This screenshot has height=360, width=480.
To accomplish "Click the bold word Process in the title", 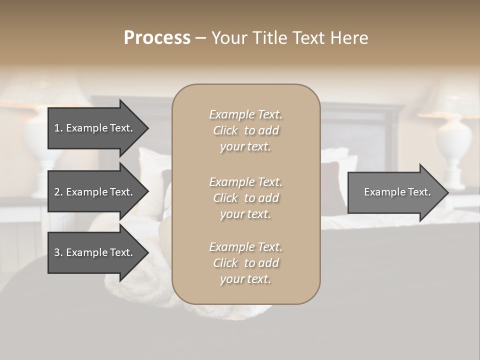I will click(x=157, y=38).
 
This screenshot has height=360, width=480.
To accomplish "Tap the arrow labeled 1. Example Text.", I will click(x=94, y=128).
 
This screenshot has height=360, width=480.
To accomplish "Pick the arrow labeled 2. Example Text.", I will click(x=94, y=192).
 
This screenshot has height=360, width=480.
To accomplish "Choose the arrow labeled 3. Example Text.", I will click(x=94, y=252).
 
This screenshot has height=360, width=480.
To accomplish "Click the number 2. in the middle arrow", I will click(x=58, y=192).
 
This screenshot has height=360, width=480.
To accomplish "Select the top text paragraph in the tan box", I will click(x=245, y=130).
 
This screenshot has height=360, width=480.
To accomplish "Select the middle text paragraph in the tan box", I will click(x=245, y=198).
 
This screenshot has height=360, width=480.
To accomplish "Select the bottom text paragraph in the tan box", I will click(x=245, y=263).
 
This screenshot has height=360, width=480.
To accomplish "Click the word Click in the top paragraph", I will click(x=225, y=130).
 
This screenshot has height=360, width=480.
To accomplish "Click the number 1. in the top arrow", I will click(x=58, y=128).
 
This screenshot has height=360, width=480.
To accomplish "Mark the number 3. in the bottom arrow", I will click(x=58, y=252).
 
